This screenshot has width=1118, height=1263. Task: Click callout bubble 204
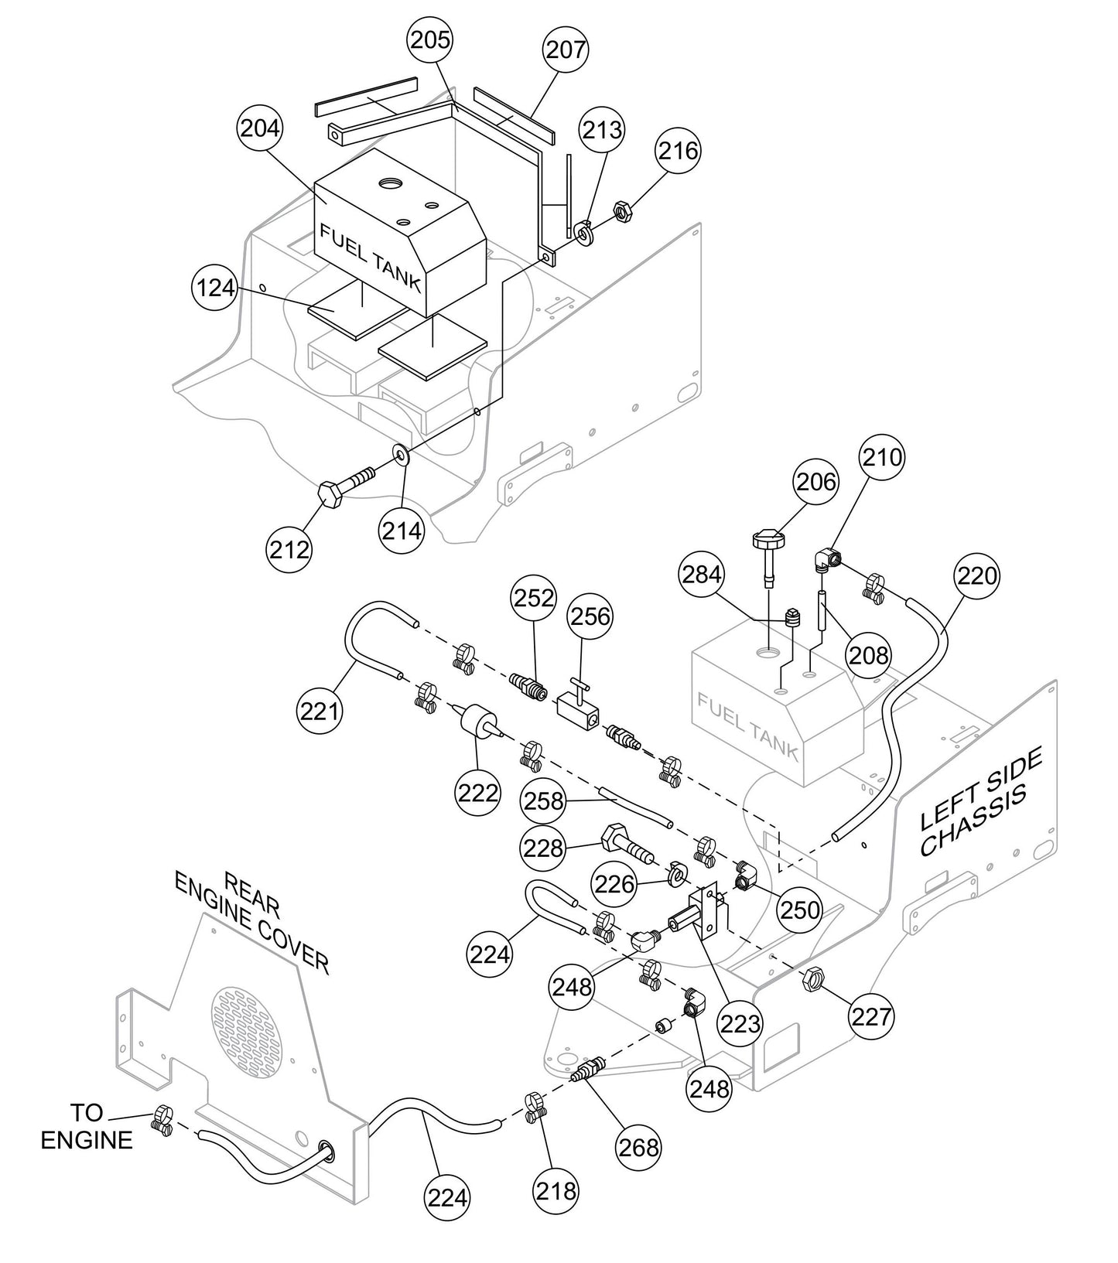point(260,128)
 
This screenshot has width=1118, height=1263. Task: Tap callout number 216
point(679,151)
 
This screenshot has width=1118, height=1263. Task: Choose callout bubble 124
point(214,288)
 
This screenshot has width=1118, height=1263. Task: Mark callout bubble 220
point(977,575)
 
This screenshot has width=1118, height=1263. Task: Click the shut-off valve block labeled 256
point(576,705)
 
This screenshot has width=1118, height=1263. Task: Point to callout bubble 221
point(320,708)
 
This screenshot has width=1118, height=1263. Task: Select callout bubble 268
point(638,1147)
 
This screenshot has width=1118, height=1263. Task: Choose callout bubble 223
point(741,1023)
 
